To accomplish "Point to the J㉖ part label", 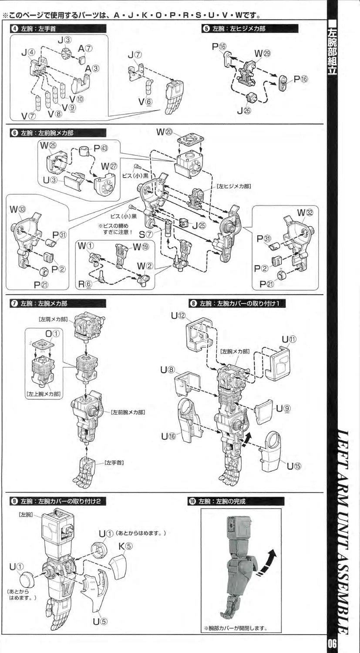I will click(244, 111).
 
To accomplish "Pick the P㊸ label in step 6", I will click(100, 148).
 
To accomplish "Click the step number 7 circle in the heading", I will click(15, 303).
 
